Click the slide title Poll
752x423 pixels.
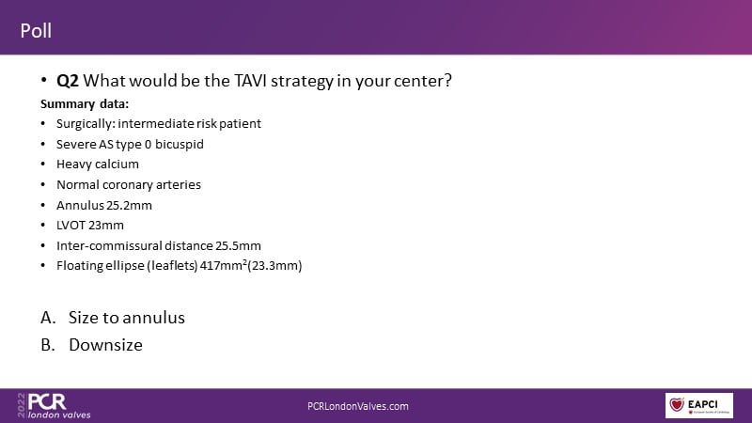tap(36, 31)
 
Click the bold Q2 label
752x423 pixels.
tap(67, 81)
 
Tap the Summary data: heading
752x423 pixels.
tap(85, 104)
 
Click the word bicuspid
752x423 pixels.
tap(180, 145)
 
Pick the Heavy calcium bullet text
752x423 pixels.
tap(98, 164)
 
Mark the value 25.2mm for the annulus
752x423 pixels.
tap(129, 205)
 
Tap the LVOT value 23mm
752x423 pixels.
tap(105, 226)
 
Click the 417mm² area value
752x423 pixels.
tap(223, 265)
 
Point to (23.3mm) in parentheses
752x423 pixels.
tap(274, 266)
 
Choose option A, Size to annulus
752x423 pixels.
tap(113, 318)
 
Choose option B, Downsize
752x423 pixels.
tap(91, 345)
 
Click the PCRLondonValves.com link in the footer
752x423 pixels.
tap(358, 406)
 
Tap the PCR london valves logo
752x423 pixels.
tap(55, 406)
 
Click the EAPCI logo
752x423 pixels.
tap(698, 405)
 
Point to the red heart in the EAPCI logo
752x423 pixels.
tap(677, 404)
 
